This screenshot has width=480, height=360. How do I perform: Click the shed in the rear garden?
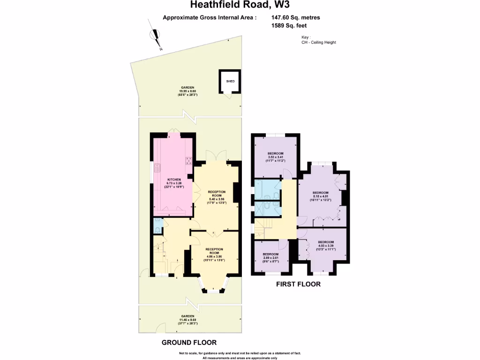click(230, 81)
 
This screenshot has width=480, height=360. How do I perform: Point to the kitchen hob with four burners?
click(189, 161)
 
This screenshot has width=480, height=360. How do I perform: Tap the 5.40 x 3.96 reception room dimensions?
click(217, 199)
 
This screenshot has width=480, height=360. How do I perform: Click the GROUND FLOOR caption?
click(189, 342)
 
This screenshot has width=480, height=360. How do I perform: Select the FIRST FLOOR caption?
click(298, 284)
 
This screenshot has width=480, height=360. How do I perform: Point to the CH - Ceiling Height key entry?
click(319, 42)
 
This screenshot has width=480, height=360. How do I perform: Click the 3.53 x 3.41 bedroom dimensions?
click(276, 157)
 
